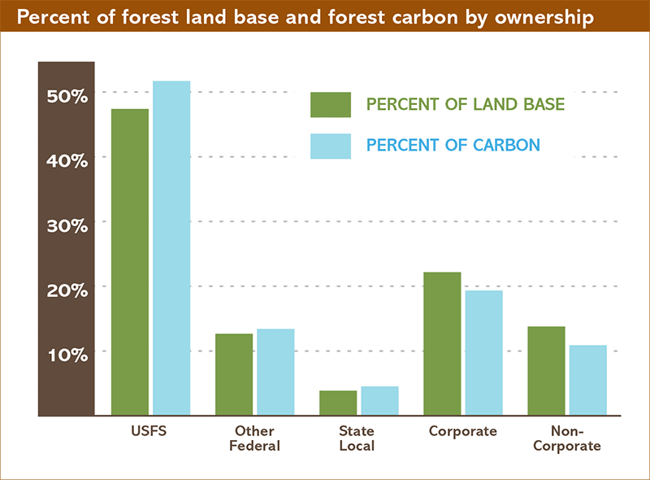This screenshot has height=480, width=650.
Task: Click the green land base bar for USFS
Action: [x=130, y=262]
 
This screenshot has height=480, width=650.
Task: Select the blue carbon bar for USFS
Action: [x=171, y=248]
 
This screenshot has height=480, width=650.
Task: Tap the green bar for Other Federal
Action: [x=234, y=374]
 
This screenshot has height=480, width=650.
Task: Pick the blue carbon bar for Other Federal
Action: [x=275, y=372]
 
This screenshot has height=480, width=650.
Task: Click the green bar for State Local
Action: [x=338, y=403]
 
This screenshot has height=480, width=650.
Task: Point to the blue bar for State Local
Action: [x=379, y=400]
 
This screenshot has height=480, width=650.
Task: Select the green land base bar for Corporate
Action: [x=442, y=343]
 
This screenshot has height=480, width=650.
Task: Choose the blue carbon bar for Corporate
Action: [x=483, y=353]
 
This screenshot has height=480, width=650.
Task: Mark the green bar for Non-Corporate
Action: [x=546, y=371]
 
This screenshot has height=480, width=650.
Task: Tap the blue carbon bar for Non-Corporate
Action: [x=587, y=380]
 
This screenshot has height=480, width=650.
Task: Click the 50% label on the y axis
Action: [x=67, y=96]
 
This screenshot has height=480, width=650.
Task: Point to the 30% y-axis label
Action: [x=67, y=225]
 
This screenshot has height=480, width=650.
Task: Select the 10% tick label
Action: [x=67, y=356]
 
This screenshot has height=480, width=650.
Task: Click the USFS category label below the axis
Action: [x=149, y=431]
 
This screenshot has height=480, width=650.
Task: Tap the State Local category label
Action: [x=357, y=439]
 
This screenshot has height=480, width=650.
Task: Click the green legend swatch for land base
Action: [x=330, y=105]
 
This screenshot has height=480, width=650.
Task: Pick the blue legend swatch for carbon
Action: [x=330, y=146]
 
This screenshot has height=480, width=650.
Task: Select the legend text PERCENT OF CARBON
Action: [x=453, y=146]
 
